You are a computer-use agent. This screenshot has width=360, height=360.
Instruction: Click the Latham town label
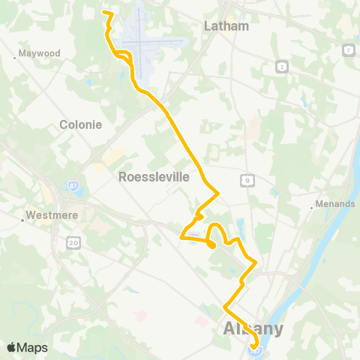click(x=226, y=26)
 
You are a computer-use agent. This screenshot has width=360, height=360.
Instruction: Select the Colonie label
click(x=80, y=125)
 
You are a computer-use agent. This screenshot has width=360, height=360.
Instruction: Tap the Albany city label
click(x=253, y=328)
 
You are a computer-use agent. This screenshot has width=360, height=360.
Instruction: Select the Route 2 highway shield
click(x=280, y=67)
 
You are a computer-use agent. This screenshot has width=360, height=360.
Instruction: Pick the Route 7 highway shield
click(x=349, y=49)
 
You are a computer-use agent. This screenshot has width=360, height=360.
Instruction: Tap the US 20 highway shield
click(x=73, y=242)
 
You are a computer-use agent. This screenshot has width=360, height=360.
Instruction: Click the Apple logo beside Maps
click(x=12, y=347)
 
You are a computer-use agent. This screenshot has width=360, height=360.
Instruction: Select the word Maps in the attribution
click(x=32, y=347)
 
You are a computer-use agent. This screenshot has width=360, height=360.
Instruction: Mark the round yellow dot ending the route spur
click(x=212, y=244)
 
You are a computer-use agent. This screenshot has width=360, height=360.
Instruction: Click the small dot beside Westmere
click(x=22, y=220)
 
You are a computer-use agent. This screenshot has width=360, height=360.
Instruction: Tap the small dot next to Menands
click(x=312, y=208)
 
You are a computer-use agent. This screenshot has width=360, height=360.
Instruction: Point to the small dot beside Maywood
click(x=16, y=58)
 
